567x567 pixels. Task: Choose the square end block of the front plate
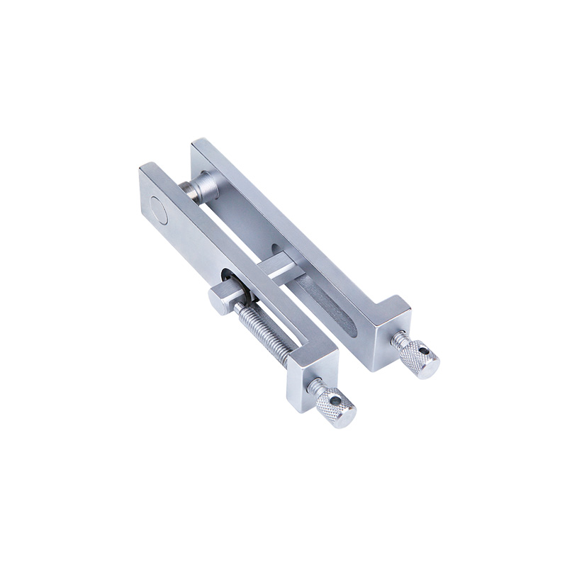click(x=312, y=376)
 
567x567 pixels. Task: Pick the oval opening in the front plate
click(x=228, y=277)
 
